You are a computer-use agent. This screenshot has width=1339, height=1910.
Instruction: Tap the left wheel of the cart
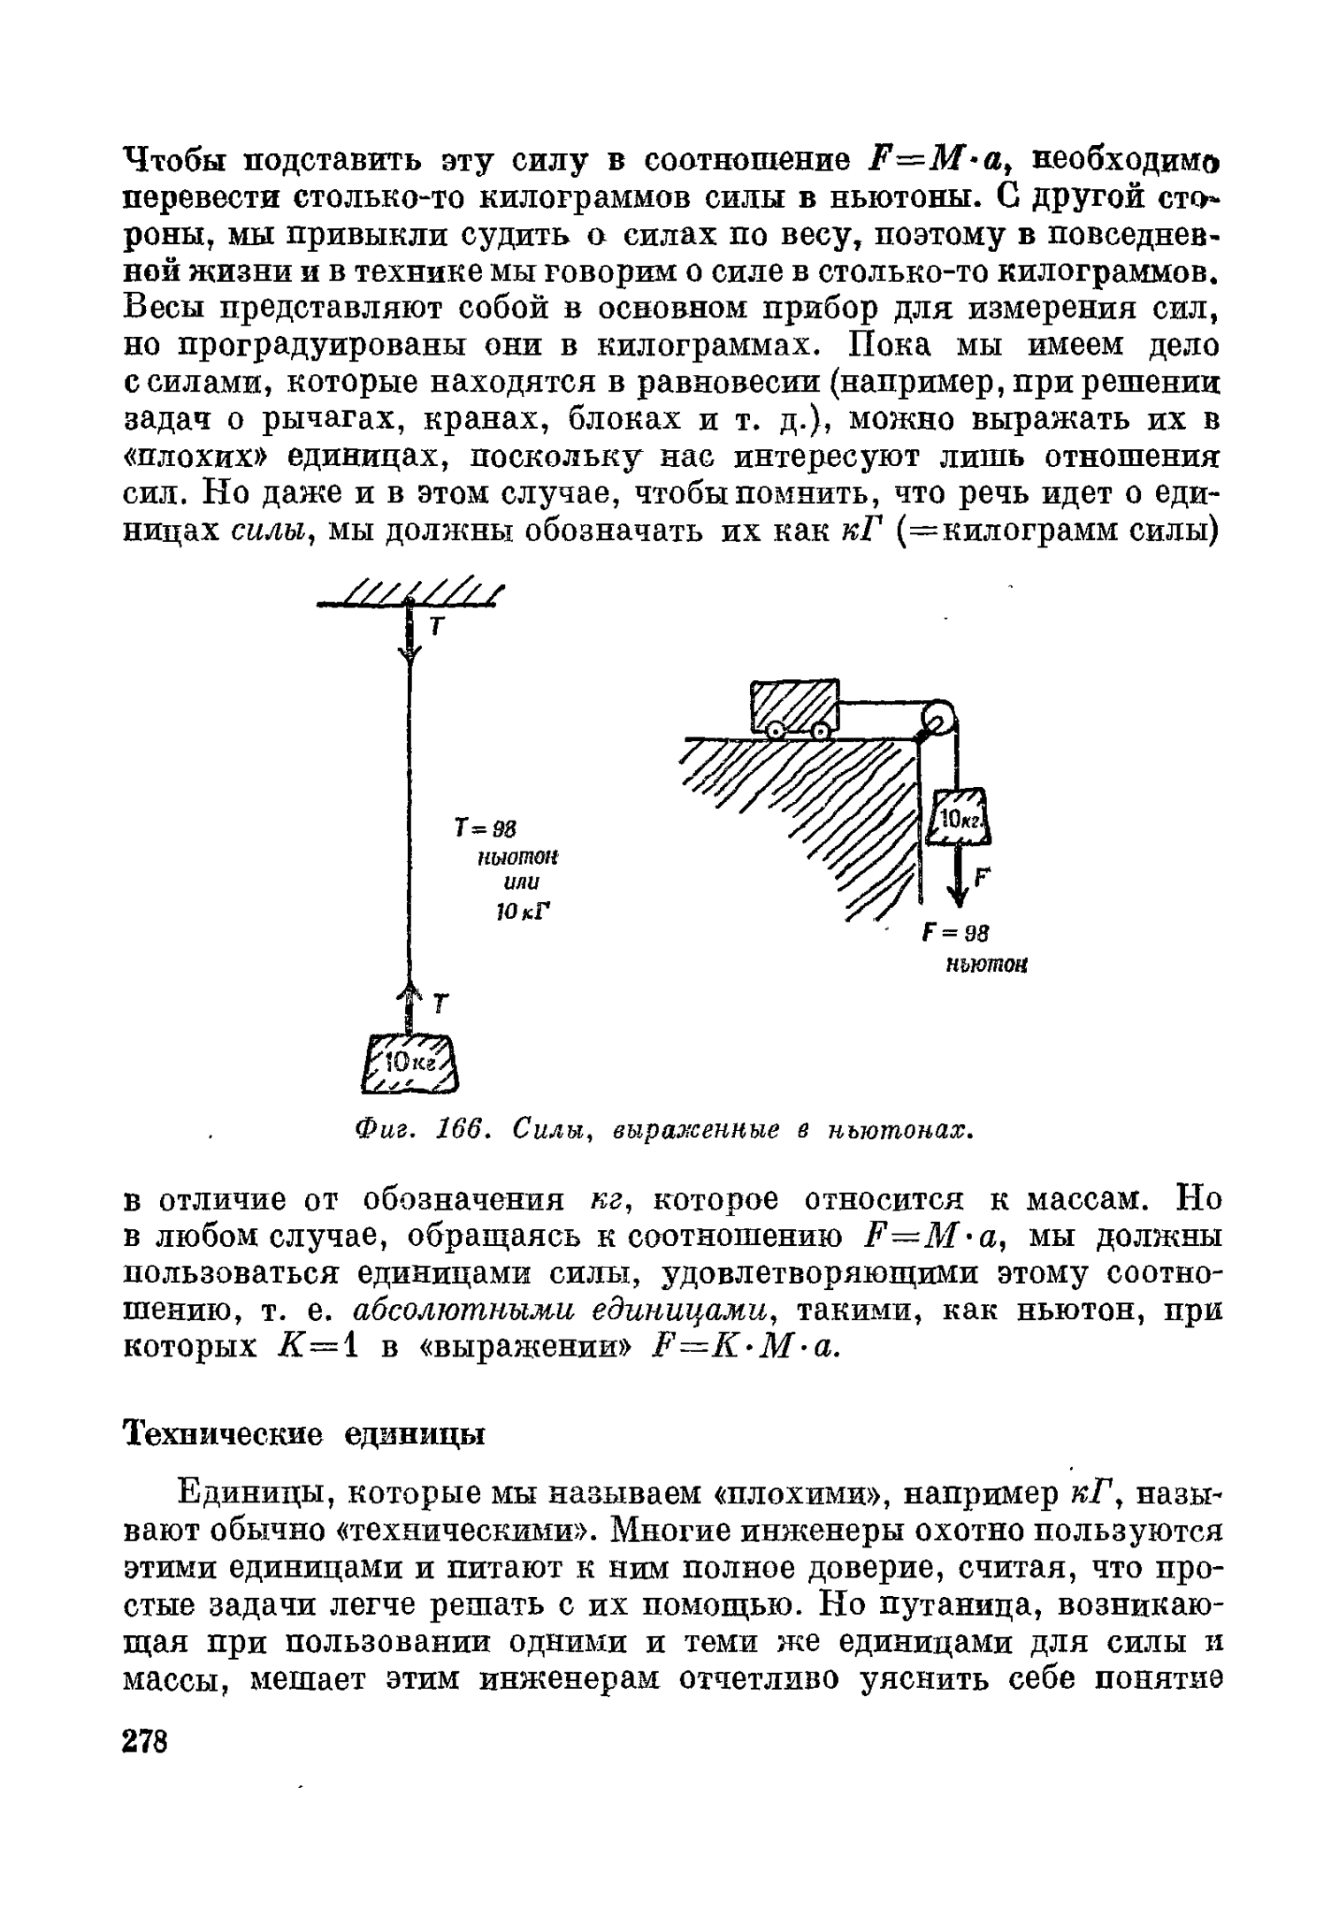776,731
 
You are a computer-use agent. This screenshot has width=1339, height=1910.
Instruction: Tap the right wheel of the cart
821,731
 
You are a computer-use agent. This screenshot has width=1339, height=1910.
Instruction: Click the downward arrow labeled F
958,880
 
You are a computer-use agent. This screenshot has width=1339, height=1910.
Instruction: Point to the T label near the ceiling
435,626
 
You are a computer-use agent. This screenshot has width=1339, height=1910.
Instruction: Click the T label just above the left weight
441,1004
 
